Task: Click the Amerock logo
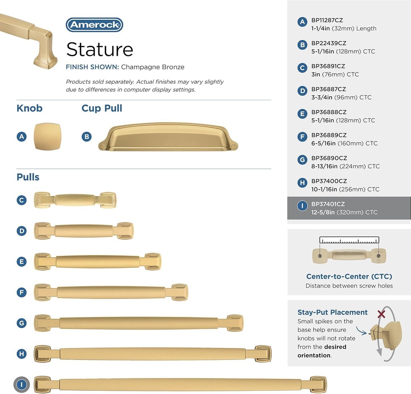[x=94, y=25]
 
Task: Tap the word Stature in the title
[x=100, y=49]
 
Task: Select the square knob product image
[x=47, y=136]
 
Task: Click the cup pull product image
[x=168, y=137]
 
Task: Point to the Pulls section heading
[x=28, y=177]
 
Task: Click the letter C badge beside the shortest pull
[x=22, y=200]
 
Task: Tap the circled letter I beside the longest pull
[x=22, y=384]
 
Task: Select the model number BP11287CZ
[x=327, y=20]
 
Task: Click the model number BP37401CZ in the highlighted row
[x=328, y=204]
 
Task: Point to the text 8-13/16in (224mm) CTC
[x=346, y=166]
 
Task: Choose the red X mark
[x=381, y=314]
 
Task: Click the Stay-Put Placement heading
[x=332, y=312]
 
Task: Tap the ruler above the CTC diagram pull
[x=349, y=240]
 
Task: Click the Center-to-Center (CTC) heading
[x=349, y=277]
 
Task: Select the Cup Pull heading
[x=102, y=108]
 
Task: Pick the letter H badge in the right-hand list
[x=302, y=182]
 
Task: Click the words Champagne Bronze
[x=153, y=67]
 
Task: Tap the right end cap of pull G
[x=235, y=323]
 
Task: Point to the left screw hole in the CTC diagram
[x=320, y=256]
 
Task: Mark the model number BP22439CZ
[x=329, y=43]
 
